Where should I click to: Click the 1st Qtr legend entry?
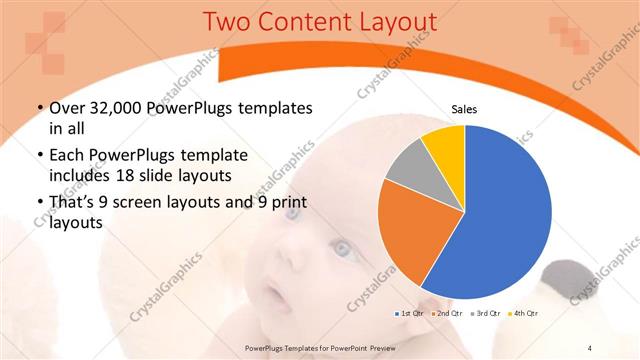coord(410,314)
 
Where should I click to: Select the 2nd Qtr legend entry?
coord(446,314)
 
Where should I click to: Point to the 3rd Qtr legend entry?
coord(482,314)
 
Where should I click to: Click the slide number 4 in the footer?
coord(590,347)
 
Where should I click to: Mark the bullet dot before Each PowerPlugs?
coord(39,156)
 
